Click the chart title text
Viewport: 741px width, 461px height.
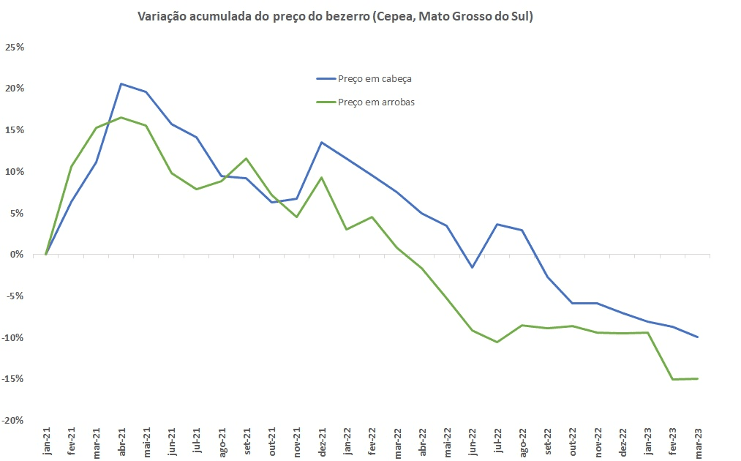point(335,17)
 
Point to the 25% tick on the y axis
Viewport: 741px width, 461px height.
point(15,48)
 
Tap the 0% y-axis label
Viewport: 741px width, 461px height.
point(18,255)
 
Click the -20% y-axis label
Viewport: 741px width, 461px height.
point(14,421)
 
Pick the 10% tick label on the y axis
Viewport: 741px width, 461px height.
point(15,172)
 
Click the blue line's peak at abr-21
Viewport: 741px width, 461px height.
point(121,83)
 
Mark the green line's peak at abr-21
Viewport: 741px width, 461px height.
point(121,117)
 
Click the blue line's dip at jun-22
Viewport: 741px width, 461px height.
point(473,267)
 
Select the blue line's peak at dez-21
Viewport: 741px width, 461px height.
point(322,142)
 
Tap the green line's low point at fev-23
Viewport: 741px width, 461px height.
point(672,379)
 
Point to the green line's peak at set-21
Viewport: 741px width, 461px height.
point(247,158)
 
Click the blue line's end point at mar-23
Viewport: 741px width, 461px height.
point(697,337)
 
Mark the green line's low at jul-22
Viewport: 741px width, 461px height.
point(497,342)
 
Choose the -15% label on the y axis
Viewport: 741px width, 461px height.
point(14,379)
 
